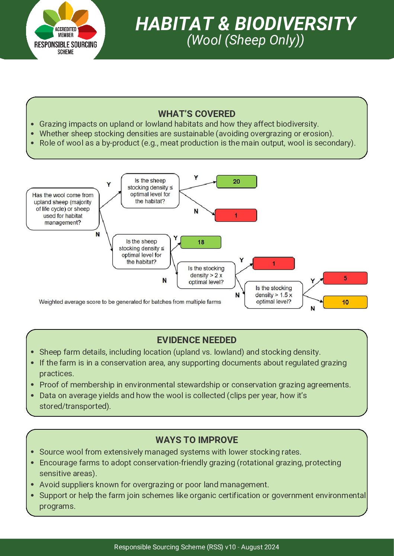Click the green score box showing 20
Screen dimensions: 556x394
(x=237, y=182)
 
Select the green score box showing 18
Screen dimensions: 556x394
(x=201, y=242)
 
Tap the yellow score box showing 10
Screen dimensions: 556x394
(x=345, y=302)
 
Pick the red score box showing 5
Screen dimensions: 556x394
(x=345, y=278)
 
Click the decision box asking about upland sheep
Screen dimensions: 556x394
(x=63, y=209)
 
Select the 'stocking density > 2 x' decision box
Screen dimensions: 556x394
(x=206, y=275)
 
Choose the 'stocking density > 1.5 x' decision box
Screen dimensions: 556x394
(x=273, y=295)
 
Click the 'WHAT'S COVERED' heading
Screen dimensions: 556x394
(x=196, y=114)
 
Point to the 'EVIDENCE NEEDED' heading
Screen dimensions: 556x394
(x=196, y=340)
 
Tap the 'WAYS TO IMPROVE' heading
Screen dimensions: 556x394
(x=196, y=440)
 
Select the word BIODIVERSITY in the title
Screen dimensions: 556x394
(x=295, y=24)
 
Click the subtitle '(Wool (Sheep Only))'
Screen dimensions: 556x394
(x=245, y=40)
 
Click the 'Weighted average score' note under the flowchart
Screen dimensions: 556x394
(x=130, y=302)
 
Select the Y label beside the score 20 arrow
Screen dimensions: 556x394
(x=196, y=178)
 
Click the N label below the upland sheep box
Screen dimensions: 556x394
(x=98, y=234)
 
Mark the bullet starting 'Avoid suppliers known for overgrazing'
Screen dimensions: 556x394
(x=154, y=484)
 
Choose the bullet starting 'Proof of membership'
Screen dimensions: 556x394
(x=195, y=384)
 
